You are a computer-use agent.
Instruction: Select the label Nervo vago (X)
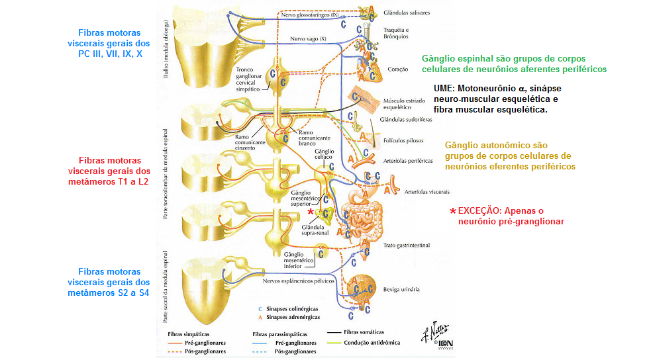(309, 40)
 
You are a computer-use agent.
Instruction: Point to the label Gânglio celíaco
(324, 154)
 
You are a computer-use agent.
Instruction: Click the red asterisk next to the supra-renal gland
(310, 211)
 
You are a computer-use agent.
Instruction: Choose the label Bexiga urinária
(401, 289)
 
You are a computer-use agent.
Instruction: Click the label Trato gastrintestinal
(406, 246)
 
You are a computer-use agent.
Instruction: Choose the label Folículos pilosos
(403, 140)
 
